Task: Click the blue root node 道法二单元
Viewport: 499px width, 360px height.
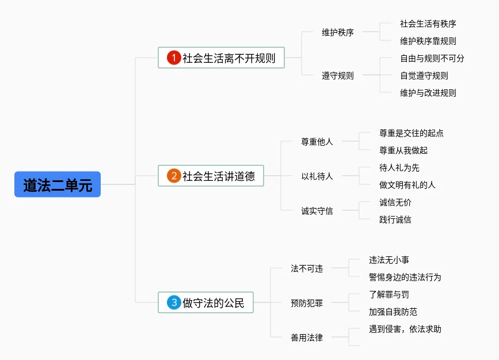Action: [x=58, y=185]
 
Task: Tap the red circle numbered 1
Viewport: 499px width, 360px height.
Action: [x=174, y=58]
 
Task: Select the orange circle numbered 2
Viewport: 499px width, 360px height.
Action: [x=174, y=176]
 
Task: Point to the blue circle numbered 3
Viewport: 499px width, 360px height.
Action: [x=174, y=302]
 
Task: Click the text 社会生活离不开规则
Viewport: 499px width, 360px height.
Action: [x=229, y=58]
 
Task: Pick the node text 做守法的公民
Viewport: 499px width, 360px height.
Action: [x=214, y=302]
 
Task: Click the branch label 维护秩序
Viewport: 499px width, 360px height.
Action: [x=338, y=32]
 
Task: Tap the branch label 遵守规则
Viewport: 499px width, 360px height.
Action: [x=338, y=75]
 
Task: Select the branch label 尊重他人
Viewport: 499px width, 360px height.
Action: [x=317, y=142]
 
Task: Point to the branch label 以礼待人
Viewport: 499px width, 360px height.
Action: [x=317, y=176]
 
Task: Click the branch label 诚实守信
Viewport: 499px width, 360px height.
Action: [x=317, y=211]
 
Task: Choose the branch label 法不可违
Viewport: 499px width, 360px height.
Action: [x=307, y=268]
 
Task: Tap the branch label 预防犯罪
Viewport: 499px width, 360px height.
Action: [x=307, y=303]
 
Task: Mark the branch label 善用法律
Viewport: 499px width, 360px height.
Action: [x=307, y=338]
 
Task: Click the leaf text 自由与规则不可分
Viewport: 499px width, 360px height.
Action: [x=432, y=58]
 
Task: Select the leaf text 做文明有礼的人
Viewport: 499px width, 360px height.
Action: [x=407, y=185]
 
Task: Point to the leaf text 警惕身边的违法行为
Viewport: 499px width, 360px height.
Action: [x=405, y=277]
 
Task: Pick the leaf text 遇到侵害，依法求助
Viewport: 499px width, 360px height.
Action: [x=405, y=329]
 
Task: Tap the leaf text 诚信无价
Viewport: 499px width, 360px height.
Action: [x=395, y=202]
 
